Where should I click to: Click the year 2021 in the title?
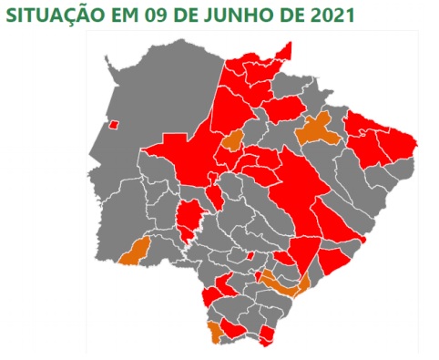click(329, 15)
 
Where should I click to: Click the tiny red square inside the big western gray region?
click(114, 126)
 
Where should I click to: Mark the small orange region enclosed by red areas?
click(231, 140)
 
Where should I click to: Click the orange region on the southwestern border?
click(136, 250)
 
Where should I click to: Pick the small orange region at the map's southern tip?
click(214, 332)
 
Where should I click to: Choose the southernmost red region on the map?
click(267, 338)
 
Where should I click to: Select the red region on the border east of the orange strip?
click(333, 263)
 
